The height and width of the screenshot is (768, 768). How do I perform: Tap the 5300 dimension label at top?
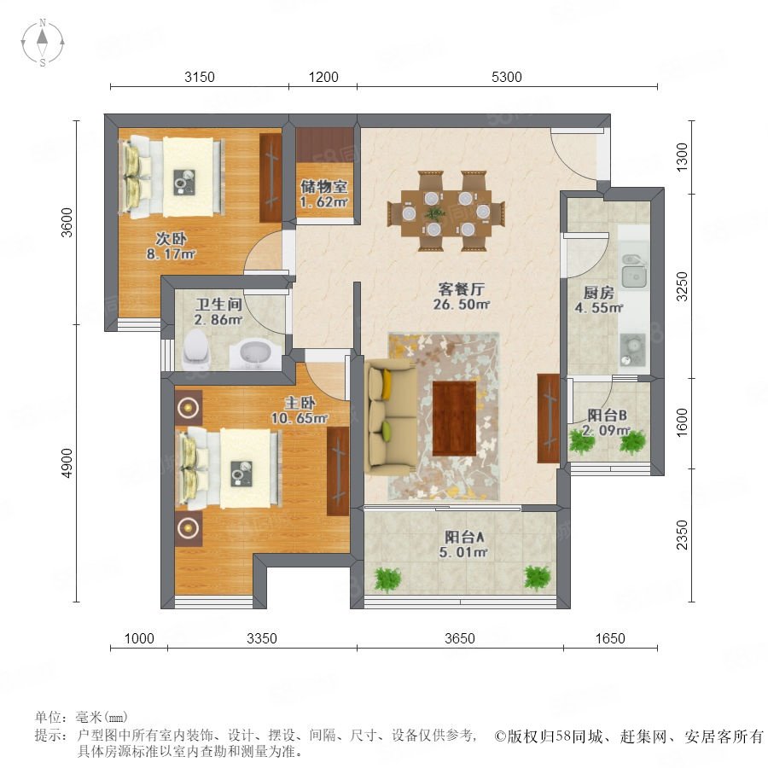[506, 77]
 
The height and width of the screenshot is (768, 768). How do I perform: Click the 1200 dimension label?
[323, 77]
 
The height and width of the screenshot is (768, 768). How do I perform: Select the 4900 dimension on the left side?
[67, 463]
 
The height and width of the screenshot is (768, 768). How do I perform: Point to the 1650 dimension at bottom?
[610, 638]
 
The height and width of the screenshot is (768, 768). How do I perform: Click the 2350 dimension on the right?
[682, 535]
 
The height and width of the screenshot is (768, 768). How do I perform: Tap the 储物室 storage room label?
[323, 186]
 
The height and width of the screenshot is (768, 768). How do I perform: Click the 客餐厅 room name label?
[461, 288]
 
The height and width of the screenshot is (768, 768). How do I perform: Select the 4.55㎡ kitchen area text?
[598, 307]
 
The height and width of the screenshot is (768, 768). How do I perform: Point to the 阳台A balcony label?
[464, 537]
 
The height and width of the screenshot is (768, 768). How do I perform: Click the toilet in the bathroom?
[196, 349]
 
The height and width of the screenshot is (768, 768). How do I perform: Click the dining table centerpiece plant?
[434, 212]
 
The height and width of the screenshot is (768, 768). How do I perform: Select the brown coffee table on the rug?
[454, 418]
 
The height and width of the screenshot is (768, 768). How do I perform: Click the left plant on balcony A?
[388, 579]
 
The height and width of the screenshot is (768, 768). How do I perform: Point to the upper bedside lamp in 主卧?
[188, 407]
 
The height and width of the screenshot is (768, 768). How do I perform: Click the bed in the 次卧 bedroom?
[172, 177]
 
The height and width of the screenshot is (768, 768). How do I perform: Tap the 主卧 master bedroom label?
[300, 403]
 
